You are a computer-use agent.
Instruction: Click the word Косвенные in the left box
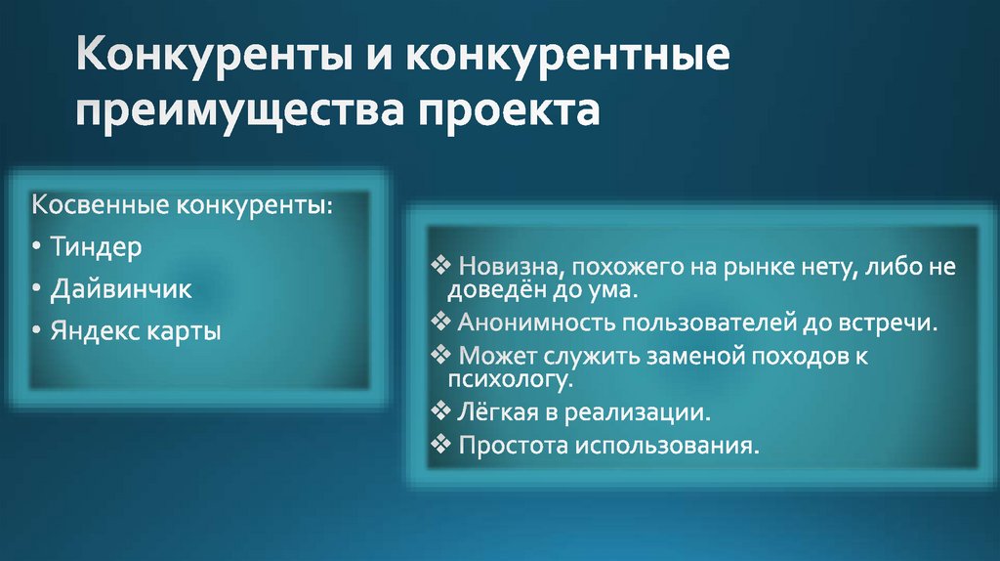point(102,206)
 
